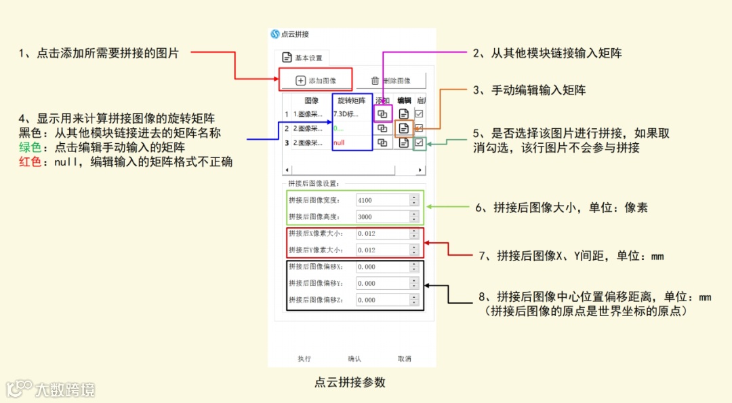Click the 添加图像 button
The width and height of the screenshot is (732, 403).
pos(316,81)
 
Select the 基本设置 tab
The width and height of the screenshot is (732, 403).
pos(302,58)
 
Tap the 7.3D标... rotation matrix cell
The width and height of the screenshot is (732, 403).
pos(350,113)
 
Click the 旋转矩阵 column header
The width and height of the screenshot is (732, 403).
pos(352,100)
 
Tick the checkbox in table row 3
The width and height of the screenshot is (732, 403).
pos(420,142)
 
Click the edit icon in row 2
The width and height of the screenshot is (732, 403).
pos(404,128)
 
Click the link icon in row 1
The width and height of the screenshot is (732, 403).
pos(382,113)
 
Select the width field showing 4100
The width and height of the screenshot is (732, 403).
pos(384,200)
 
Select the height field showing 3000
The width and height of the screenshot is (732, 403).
pos(384,217)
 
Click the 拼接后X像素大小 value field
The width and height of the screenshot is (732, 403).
pos(384,233)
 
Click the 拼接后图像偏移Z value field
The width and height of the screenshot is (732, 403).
pos(384,300)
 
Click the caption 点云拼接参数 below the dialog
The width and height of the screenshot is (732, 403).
pos(350,382)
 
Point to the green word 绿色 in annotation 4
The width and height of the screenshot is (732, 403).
pos(30,147)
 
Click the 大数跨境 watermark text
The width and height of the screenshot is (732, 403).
pos(65,389)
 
